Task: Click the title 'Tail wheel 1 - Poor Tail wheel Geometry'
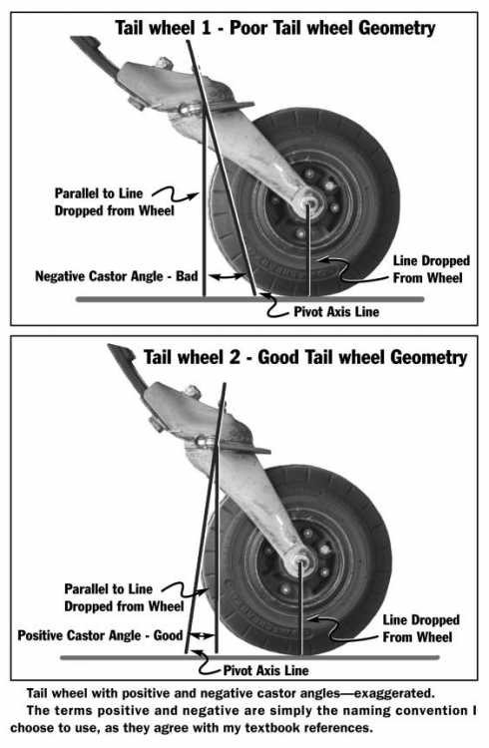(274, 28)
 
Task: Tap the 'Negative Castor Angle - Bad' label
(119, 275)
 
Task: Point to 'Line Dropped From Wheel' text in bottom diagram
(421, 627)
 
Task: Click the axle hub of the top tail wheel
(309, 203)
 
